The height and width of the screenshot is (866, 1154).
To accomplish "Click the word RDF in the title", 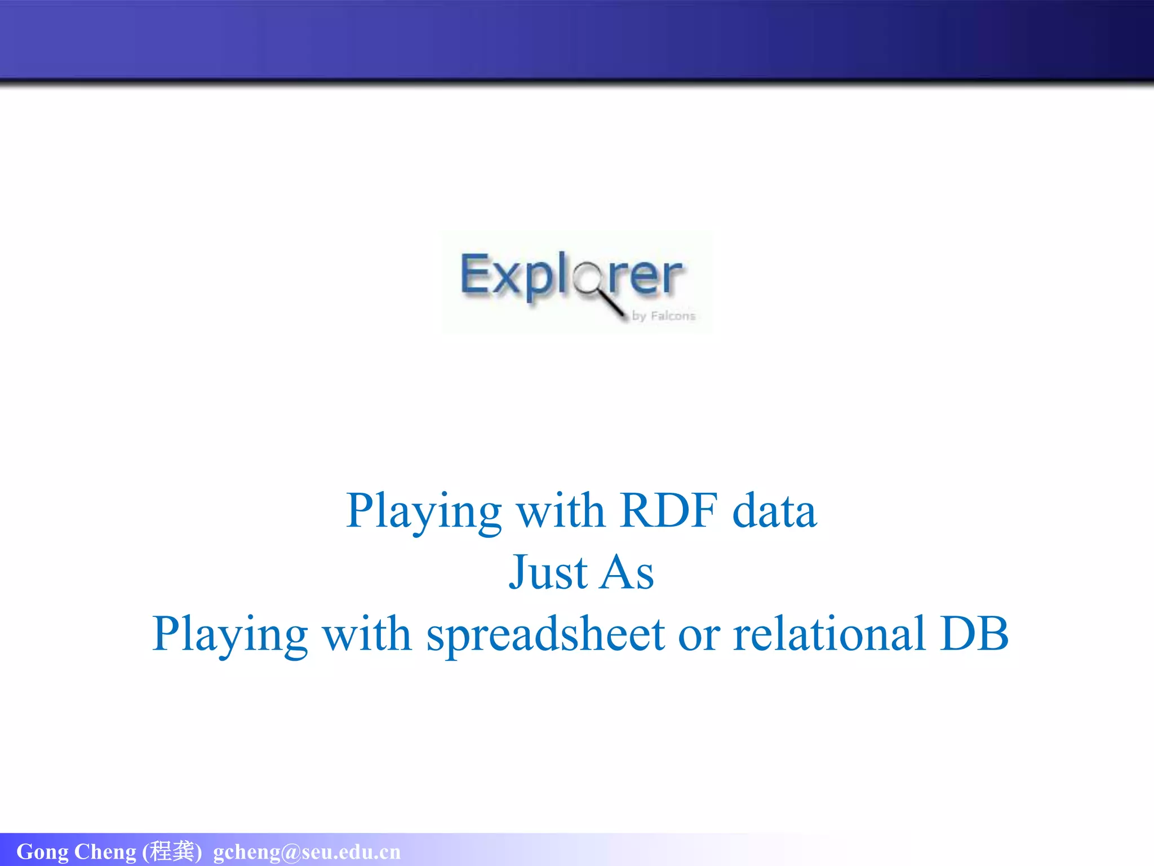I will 668,511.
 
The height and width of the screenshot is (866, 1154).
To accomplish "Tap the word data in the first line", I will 774,511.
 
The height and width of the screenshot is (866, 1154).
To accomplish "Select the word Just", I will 548,573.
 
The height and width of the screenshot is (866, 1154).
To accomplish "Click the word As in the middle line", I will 627,573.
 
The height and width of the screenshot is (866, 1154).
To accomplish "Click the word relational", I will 829,634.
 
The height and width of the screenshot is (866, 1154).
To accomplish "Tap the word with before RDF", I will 561,511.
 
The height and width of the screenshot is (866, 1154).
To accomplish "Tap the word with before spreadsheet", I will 367,634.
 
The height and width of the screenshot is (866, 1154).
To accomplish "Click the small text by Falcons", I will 664,316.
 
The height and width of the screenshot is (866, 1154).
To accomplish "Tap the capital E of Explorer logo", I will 474,274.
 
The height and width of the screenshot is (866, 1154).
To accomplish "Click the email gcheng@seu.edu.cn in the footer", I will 307,852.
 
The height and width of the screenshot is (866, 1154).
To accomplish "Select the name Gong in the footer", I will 42,852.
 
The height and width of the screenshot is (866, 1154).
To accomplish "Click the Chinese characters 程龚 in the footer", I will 172,851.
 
